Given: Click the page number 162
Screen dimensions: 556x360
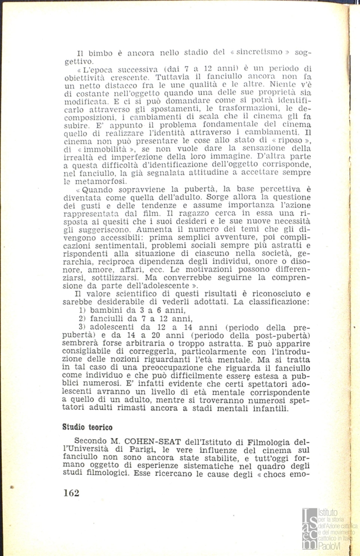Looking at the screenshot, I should point(71,493).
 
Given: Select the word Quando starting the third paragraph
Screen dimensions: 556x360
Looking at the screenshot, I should point(95,188).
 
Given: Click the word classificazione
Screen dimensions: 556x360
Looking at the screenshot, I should point(276,301).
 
